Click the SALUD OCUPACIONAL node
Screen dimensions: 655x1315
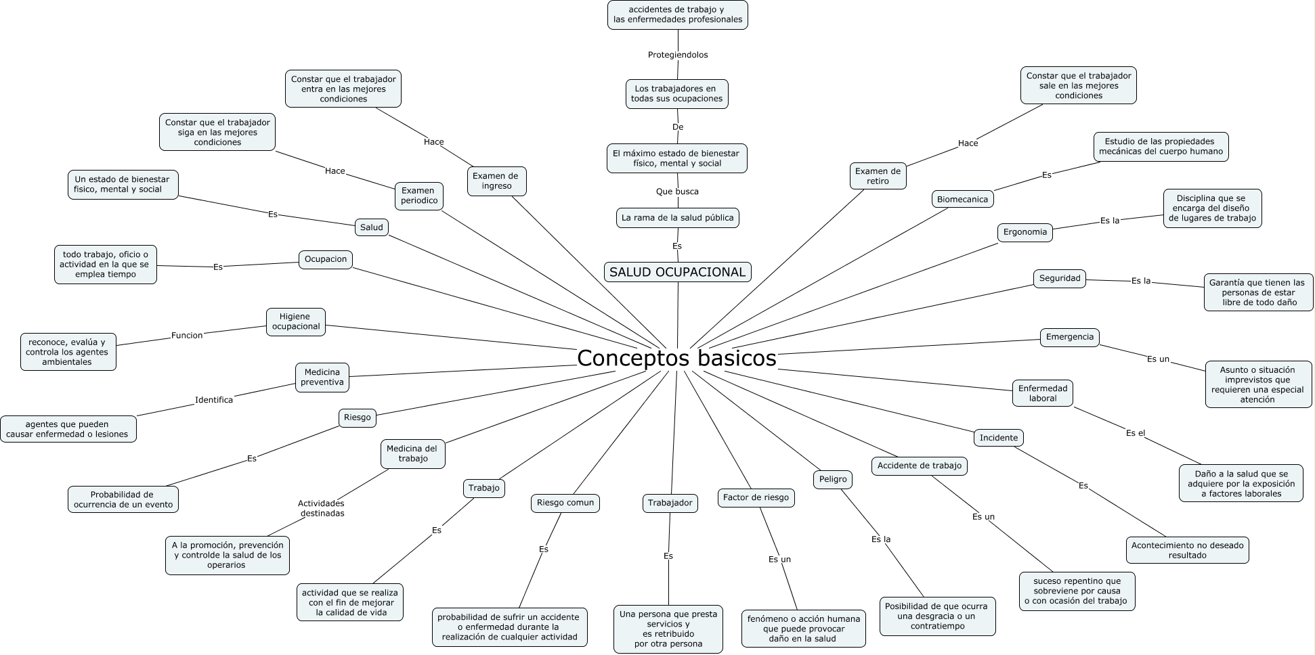click(x=677, y=272)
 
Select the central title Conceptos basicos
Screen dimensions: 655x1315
click(x=676, y=358)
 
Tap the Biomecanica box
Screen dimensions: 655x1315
click(x=962, y=199)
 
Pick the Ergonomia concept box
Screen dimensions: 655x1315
click(x=1025, y=232)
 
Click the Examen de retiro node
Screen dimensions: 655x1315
click(x=878, y=176)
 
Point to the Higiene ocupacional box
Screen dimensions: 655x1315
click(x=296, y=321)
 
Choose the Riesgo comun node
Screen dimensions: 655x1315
click(x=565, y=503)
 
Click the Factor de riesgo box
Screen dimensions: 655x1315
click(x=756, y=497)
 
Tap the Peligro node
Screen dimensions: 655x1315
click(x=833, y=479)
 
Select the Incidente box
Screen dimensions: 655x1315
click(x=999, y=438)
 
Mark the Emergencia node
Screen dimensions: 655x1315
click(x=1070, y=337)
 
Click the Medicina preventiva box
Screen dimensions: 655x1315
click(x=322, y=377)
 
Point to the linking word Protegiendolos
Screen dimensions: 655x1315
click(x=678, y=55)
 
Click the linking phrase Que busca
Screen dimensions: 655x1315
click(x=677, y=191)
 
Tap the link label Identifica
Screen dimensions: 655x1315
click(x=214, y=400)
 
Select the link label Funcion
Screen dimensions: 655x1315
click(x=187, y=336)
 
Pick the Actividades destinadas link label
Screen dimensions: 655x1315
click(x=322, y=508)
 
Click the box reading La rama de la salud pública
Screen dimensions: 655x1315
click(x=677, y=218)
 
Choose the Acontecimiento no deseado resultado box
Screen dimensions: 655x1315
click(x=1188, y=550)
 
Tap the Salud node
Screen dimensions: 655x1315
click(x=371, y=227)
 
